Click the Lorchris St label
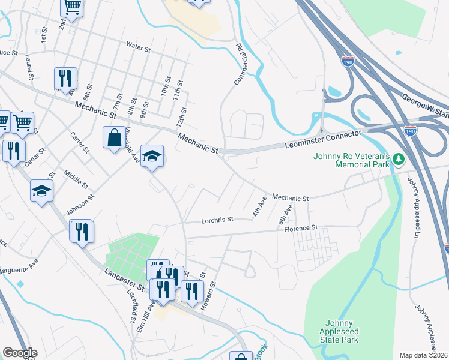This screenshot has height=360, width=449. (217, 220)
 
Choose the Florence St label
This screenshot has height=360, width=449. (300, 229)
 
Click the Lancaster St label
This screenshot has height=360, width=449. (125, 279)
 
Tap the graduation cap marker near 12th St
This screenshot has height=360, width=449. (152, 156)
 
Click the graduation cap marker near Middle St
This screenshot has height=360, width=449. (42, 190)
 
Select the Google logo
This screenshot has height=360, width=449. (19, 353)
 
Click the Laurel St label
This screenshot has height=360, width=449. (28, 66)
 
